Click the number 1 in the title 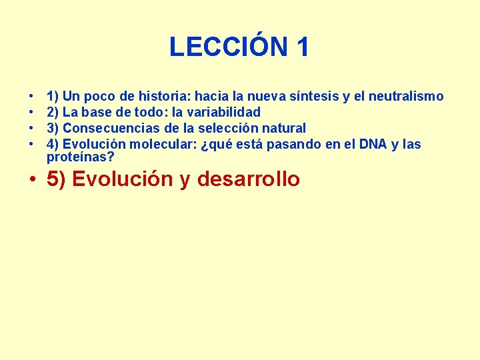coord(301,47)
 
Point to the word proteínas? coord(81,157)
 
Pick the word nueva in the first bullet coord(266,97)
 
